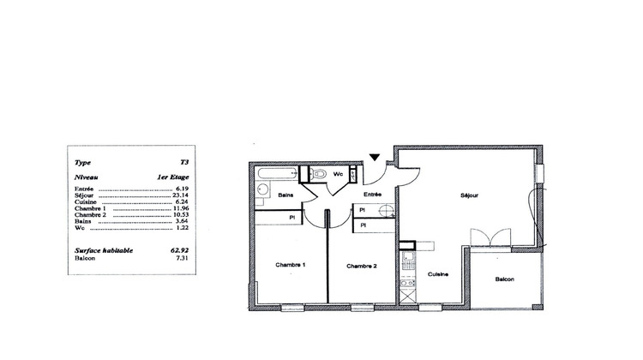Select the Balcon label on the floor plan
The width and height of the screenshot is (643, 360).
(x=505, y=279)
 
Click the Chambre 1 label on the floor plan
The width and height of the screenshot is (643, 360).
(x=291, y=265)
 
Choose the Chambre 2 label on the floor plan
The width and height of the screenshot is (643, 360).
(x=363, y=266)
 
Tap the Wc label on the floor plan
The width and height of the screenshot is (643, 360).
(x=338, y=174)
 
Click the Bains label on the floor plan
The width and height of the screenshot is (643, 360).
(x=286, y=195)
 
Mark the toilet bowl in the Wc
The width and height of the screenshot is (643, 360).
(x=320, y=174)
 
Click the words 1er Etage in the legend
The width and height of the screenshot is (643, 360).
(x=173, y=177)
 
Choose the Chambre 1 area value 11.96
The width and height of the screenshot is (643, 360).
(x=180, y=208)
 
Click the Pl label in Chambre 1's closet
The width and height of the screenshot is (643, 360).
(x=294, y=218)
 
